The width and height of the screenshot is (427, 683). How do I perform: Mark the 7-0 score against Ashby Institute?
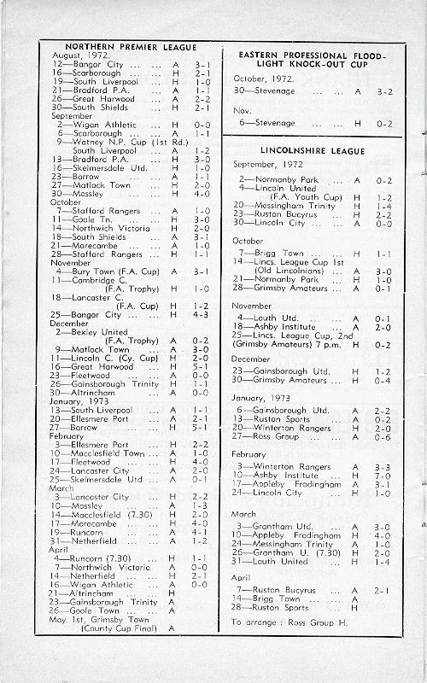tap(383, 476)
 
